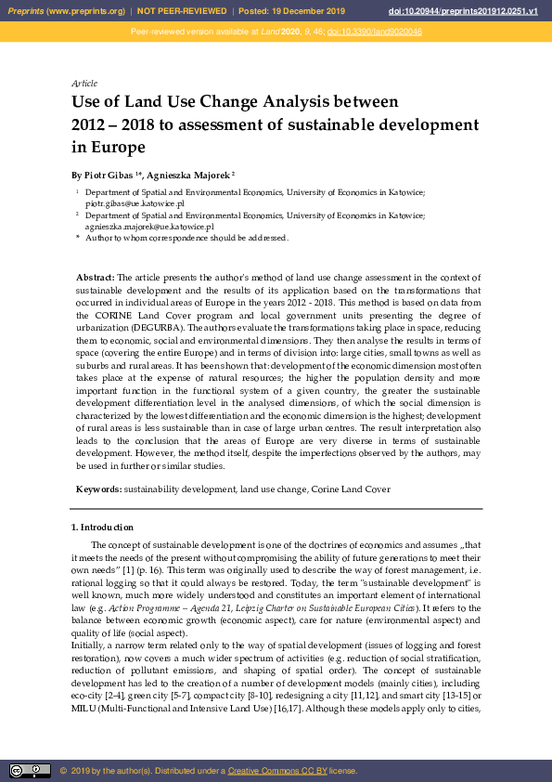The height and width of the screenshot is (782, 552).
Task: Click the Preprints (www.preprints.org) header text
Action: [x=66, y=11]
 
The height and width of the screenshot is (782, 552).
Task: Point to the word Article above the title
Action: [x=84, y=84]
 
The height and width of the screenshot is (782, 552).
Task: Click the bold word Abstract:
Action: [x=95, y=278]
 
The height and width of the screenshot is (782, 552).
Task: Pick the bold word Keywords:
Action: [x=98, y=489]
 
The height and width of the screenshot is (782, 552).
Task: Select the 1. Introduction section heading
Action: [x=102, y=528]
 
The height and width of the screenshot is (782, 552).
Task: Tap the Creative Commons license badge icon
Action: [x=30, y=771]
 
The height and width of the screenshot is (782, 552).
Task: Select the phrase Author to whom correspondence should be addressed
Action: [x=187, y=238]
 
